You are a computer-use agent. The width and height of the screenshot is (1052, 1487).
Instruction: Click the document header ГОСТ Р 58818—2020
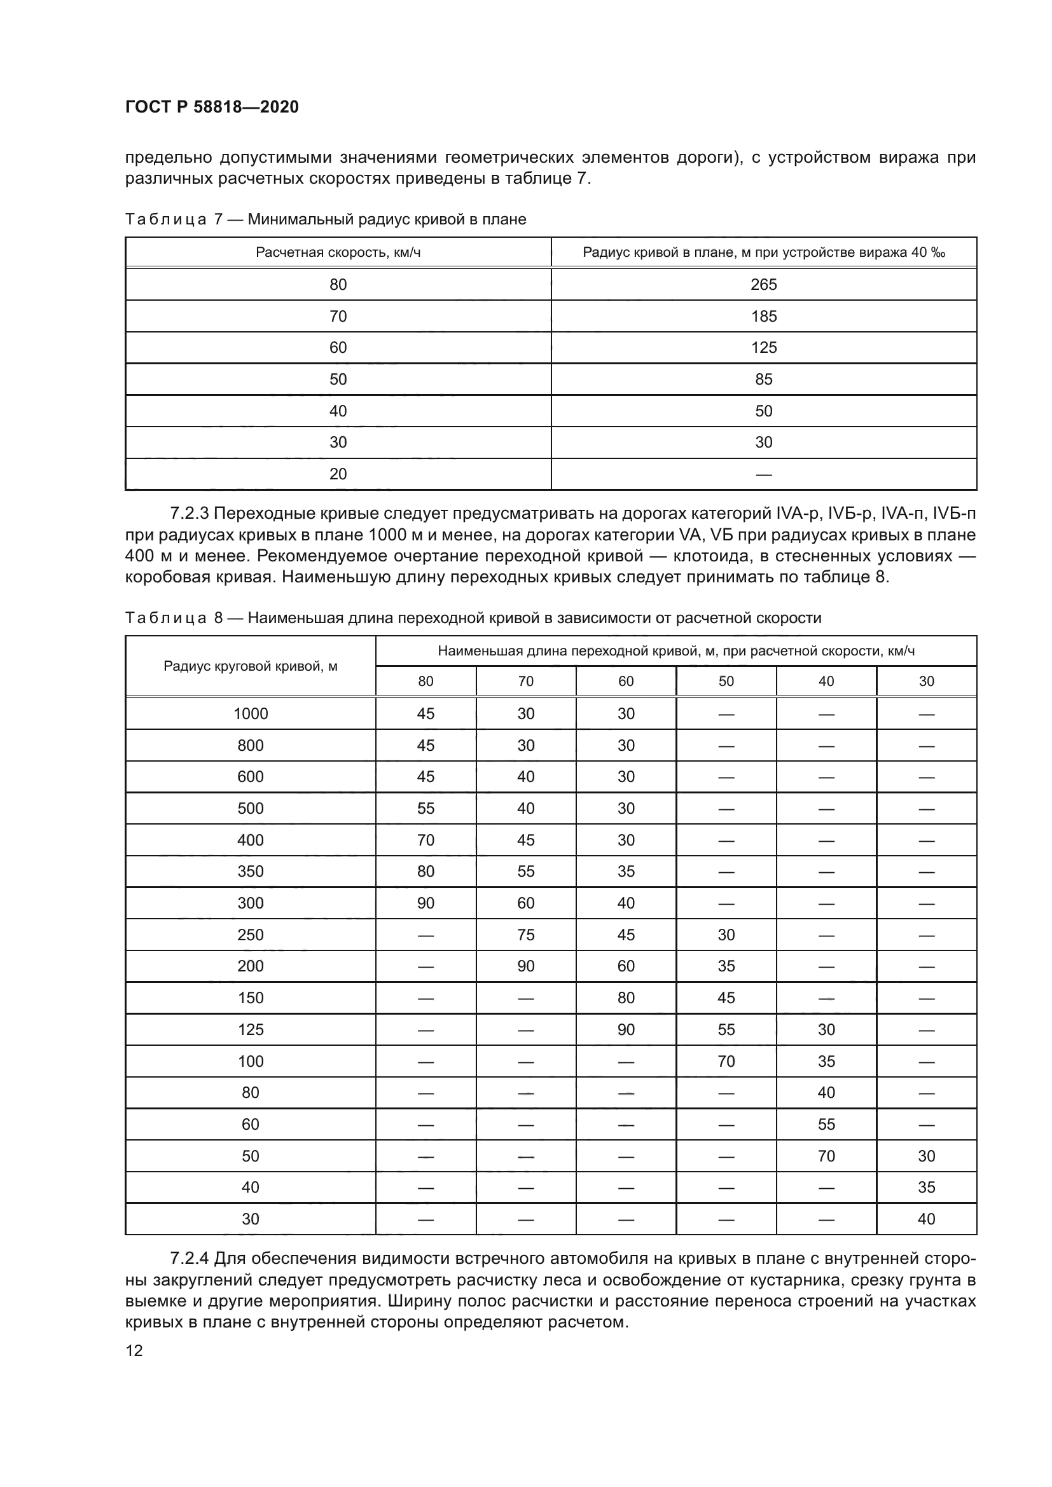click(212, 107)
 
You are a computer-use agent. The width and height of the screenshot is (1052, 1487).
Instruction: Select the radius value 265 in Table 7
click(763, 284)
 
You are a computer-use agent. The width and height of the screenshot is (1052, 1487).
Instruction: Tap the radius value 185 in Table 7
click(763, 316)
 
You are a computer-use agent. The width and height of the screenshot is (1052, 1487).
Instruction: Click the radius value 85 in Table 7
click(763, 379)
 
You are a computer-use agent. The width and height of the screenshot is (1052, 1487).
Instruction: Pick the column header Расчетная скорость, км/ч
click(338, 252)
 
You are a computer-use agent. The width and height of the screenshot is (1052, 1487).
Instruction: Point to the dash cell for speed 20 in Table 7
click(763, 475)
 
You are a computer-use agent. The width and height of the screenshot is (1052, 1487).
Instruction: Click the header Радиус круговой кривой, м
click(250, 666)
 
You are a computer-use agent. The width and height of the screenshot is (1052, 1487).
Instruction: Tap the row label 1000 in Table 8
click(250, 714)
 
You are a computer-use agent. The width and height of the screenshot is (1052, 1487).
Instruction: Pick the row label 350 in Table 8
click(250, 871)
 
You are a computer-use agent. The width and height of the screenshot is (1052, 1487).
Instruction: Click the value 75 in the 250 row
click(525, 935)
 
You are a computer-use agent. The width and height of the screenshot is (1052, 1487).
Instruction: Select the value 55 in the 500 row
click(425, 808)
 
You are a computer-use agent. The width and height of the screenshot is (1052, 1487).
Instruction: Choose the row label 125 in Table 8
click(250, 1030)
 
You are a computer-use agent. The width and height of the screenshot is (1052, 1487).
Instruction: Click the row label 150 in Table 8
click(250, 998)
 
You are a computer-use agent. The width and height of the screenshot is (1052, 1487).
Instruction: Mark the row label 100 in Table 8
click(250, 1062)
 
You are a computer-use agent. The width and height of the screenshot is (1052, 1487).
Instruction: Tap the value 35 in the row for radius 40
click(925, 1187)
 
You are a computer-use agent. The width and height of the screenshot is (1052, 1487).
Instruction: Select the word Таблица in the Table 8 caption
click(165, 618)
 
